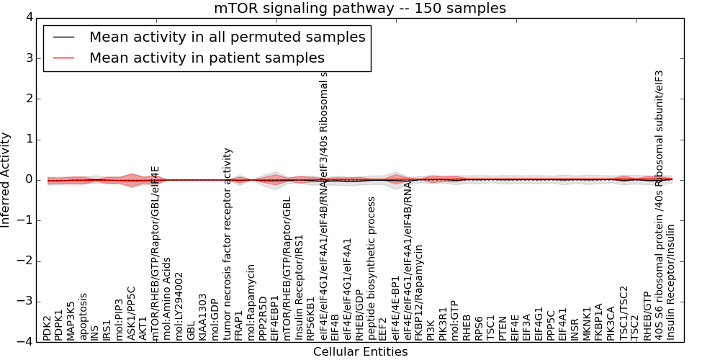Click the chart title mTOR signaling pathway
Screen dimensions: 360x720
360,9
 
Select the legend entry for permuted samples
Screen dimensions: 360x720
227,37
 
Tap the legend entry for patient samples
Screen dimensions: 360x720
207,58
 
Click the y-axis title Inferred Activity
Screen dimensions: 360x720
6,180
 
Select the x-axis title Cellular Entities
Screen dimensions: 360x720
360,352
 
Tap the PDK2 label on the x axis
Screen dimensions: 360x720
48,328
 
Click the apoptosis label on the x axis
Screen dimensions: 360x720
84,316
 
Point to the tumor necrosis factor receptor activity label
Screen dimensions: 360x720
228,244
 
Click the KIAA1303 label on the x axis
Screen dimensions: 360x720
203,317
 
